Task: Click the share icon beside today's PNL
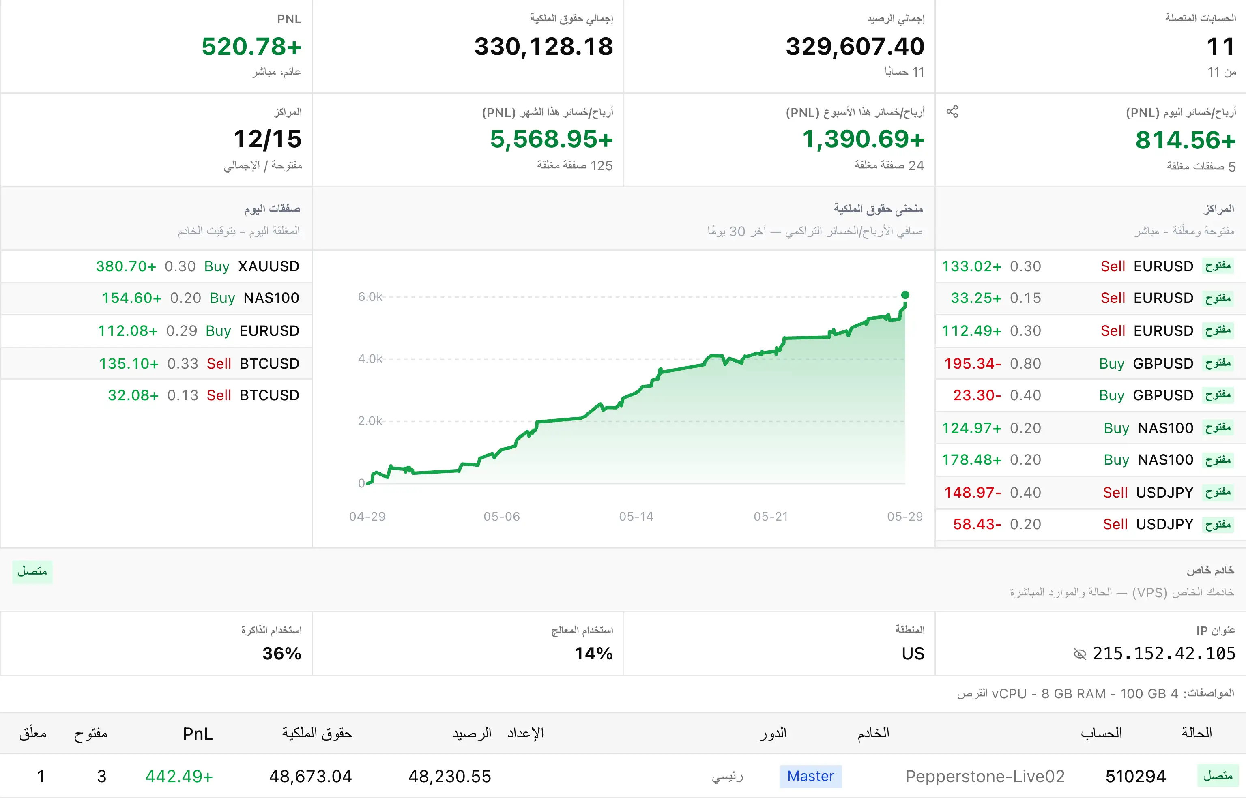(x=952, y=112)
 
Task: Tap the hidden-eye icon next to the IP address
(x=1080, y=654)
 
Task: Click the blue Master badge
(x=811, y=776)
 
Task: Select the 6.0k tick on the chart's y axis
(x=370, y=297)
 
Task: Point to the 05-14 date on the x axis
(x=636, y=517)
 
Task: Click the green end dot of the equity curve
(x=905, y=295)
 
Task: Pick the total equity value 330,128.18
(x=544, y=47)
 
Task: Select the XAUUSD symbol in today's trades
(x=269, y=266)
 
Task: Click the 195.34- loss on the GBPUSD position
(x=972, y=364)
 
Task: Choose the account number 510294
(x=1136, y=776)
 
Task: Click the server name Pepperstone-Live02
(x=985, y=776)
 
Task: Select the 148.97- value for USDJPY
(x=972, y=493)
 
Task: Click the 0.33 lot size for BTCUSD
(x=183, y=364)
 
